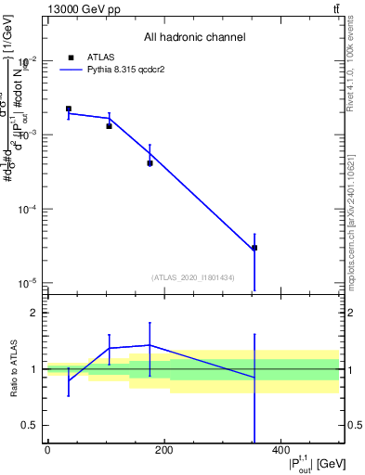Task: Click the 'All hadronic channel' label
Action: point(194,38)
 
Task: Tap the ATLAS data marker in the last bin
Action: point(254,248)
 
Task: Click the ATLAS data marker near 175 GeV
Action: point(150,163)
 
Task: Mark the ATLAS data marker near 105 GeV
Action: point(109,125)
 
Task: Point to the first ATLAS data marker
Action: point(69,109)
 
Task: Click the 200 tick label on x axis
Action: point(163,451)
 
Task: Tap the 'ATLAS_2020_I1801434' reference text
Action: point(193,277)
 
